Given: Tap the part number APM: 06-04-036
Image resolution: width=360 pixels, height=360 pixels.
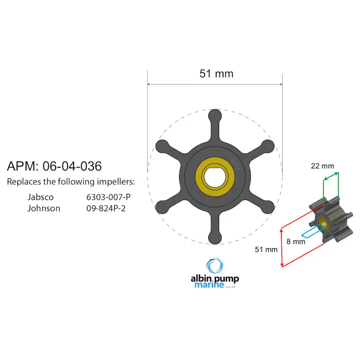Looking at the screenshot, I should (x=54, y=166).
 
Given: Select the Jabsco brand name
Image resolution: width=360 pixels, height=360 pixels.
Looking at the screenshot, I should (x=40, y=197).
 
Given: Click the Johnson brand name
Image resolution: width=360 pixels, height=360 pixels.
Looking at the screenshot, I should (x=44, y=208).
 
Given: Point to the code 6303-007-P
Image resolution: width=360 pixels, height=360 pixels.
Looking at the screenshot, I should (x=108, y=197).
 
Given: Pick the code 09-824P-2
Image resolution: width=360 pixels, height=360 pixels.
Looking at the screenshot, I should (x=106, y=208).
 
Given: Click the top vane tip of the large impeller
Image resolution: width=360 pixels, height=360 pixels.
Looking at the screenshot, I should (x=215, y=116).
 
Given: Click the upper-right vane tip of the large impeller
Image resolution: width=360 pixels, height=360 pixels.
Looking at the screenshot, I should (x=268, y=146).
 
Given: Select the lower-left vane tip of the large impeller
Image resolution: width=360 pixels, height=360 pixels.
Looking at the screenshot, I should (x=162, y=207).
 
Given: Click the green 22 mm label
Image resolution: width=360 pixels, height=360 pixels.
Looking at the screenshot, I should (x=323, y=166).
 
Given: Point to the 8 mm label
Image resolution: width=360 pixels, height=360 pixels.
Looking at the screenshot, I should (x=296, y=241).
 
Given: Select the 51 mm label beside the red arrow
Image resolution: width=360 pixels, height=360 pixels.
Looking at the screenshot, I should (x=266, y=249).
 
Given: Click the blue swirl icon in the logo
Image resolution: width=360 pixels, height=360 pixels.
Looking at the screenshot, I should (x=214, y=266).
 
